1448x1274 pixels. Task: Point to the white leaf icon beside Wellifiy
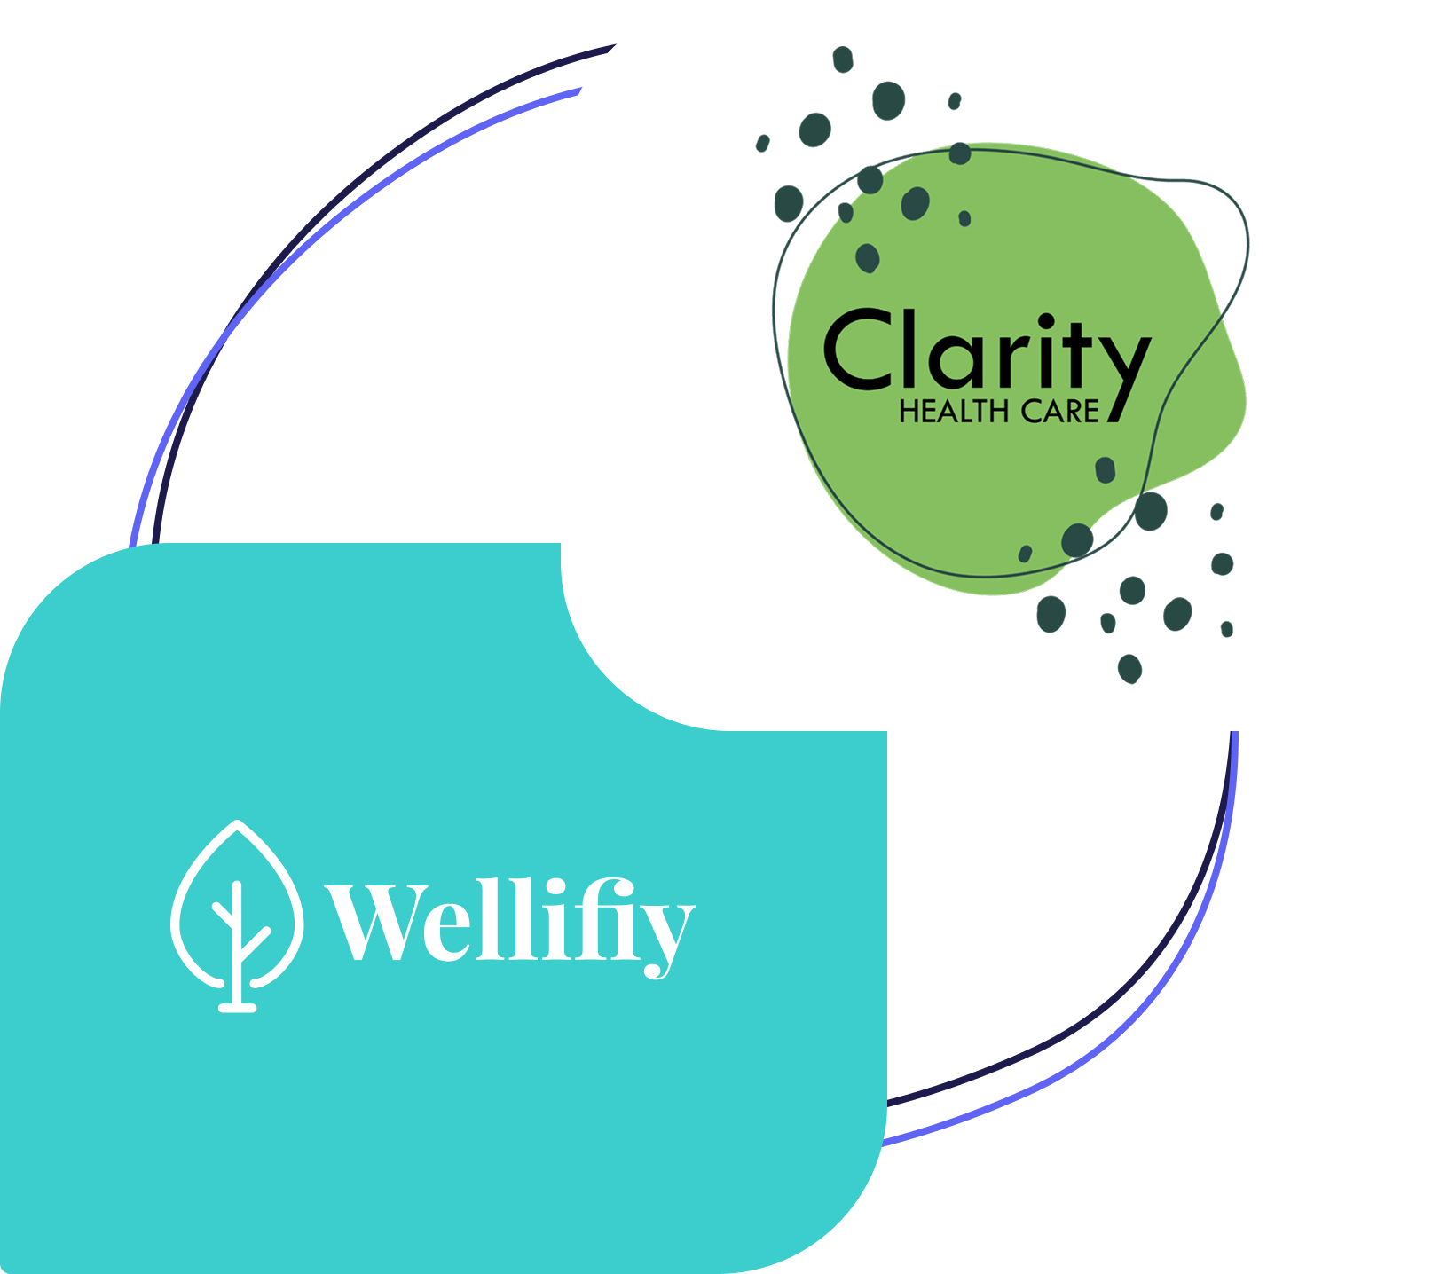coord(237,914)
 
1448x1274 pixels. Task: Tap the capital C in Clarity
coord(856,350)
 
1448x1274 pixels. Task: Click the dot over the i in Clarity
coord(1046,320)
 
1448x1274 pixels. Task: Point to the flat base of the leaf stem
coord(237,1007)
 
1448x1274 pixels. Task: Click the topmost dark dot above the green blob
coord(843,59)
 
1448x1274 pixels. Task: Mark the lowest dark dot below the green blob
coord(1129,668)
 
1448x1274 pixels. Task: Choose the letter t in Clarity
coord(1077,351)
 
